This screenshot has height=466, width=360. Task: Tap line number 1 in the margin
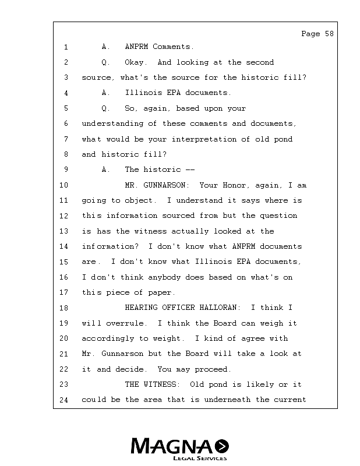pos(66,47)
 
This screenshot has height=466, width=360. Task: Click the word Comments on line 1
pos(173,47)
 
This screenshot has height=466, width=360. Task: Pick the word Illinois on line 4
pos(143,93)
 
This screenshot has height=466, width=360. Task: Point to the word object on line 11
pos(140,200)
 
